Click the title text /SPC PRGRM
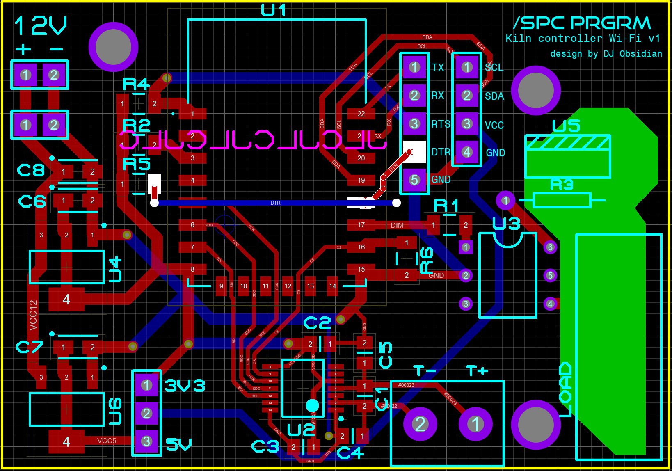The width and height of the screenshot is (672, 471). point(582,23)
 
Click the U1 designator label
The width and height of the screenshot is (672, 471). point(273,10)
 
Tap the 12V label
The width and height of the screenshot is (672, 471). point(41,25)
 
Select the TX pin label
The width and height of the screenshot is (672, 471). point(438,67)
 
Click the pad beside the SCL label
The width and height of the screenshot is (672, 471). point(467,67)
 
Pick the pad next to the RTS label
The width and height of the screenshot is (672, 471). point(414,123)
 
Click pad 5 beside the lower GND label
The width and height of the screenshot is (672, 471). point(414,180)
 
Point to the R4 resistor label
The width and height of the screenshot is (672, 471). point(136,84)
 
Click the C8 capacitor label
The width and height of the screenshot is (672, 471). point(31,170)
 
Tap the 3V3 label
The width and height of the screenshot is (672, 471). point(185,385)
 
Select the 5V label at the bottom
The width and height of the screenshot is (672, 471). point(178,444)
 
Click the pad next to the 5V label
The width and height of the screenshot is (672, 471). point(146,441)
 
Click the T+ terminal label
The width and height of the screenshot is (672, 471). point(477,371)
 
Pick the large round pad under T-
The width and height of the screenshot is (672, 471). point(420,424)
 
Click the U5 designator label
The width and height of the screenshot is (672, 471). point(566,126)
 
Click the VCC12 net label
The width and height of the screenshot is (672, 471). point(33,315)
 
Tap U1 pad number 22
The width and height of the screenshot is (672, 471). point(361,114)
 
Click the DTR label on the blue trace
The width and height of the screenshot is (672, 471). point(275,203)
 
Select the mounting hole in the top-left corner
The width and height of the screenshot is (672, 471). point(113,47)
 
